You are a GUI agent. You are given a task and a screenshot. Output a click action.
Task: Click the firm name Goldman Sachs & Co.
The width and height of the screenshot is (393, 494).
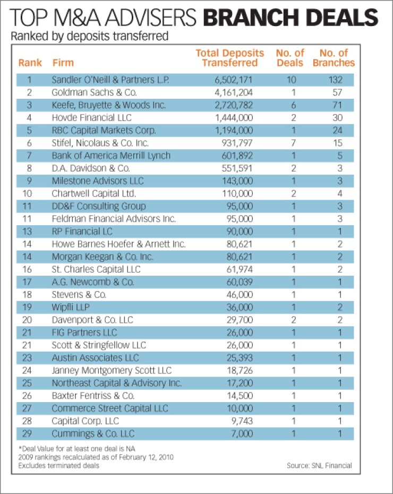(x=94, y=92)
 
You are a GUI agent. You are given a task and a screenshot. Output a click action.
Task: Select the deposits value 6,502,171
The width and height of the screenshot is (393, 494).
(x=234, y=80)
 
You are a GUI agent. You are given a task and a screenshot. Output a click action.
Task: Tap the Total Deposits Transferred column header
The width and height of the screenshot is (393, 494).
(x=230, y=58)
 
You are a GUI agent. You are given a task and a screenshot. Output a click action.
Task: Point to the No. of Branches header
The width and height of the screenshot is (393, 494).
(x=334, y=58)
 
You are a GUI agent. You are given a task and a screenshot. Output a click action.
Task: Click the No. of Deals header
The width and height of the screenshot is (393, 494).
(x=290, y=58)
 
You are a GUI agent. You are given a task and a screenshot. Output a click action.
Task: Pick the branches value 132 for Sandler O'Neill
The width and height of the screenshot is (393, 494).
(x=335, y=80)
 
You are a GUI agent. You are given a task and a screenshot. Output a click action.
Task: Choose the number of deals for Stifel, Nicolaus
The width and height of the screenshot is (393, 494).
(x=294, y=143)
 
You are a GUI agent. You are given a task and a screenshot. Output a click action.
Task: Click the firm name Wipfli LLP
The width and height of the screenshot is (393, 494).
(x=71, y=307)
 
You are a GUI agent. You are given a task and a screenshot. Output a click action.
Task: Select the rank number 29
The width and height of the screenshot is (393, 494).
(x=27, y=433)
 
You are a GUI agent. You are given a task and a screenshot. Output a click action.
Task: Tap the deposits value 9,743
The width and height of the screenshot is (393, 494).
(x=242, y=421)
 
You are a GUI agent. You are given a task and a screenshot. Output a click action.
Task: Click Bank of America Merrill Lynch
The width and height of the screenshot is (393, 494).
(x=111, y=156)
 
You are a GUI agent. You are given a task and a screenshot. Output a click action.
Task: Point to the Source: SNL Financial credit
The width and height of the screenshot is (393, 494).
(x=319, y=466)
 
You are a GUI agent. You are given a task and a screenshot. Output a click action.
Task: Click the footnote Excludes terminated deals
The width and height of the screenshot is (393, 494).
(x=58, y=466)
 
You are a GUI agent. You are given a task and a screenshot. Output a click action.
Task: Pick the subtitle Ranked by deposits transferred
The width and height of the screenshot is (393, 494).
(x=90, y=36)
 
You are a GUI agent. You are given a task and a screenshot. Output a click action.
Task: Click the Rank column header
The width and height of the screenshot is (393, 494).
(x=30, y=63)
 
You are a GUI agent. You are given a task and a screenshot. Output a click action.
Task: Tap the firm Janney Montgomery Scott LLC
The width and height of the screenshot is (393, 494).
(x=112, y=371)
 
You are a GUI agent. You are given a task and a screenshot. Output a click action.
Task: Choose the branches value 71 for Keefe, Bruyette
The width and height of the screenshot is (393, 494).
(x=338, y=105)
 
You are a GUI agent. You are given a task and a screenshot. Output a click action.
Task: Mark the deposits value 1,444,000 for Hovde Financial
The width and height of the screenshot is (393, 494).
(x=234, y=118)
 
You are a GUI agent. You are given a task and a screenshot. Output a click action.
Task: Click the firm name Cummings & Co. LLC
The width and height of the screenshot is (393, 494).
(x=93, y=433)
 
